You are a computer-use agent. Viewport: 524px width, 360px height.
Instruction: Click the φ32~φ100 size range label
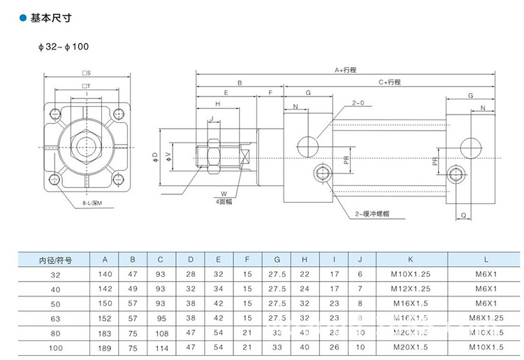(x=64, y=47)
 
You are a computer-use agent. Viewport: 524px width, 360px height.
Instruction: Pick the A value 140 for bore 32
(x=106, y=275)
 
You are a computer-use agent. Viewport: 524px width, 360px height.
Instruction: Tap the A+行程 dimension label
(x=345, y=70)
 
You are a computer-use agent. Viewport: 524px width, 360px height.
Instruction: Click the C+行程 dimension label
(x=390, y=82)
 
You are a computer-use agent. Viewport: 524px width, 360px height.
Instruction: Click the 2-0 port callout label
(x=358, y=103)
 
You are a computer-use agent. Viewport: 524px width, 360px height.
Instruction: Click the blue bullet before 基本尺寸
(x=23, y=19)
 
